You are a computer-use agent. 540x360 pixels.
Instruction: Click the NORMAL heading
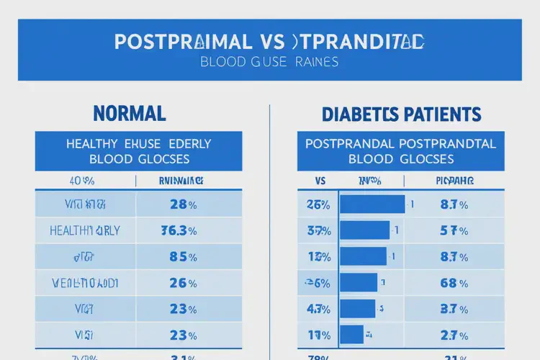tap(130, 113)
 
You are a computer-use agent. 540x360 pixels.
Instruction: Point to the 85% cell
tap(183, 256)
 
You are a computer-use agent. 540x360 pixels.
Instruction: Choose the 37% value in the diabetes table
tap(318, 231)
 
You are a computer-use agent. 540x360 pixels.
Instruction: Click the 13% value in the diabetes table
tap(318, 256)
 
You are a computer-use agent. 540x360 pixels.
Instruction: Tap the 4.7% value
tap(318, 308)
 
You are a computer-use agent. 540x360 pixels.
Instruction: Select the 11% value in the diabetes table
tap(318, 334)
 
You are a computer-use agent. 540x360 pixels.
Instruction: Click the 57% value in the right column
tap(454, 231)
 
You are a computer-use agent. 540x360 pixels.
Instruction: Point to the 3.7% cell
tap(454, 308)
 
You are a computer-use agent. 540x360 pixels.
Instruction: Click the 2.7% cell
tap(454, 334)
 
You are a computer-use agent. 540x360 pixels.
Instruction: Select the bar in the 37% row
tap(364, 230)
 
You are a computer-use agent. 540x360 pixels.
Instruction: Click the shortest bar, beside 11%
tap(351, 334)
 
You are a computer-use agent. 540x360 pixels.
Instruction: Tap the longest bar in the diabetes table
tap(372, 204)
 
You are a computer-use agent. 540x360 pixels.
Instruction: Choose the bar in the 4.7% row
tap(357, 308)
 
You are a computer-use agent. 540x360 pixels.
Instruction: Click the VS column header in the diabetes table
tap(321, 181)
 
